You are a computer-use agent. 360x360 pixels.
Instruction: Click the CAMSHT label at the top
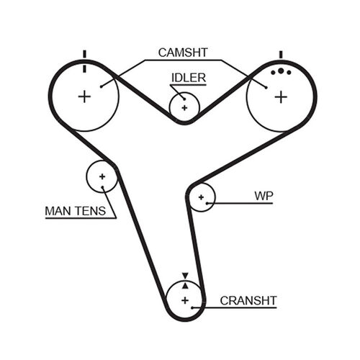184,52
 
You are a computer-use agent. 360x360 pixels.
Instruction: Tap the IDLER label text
188,77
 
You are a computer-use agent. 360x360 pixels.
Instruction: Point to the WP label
264,195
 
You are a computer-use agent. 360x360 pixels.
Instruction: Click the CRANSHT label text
249,300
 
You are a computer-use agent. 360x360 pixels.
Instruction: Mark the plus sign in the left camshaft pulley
84,96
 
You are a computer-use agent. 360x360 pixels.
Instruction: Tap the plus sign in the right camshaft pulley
280,96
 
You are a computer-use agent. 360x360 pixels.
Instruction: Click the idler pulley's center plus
184,107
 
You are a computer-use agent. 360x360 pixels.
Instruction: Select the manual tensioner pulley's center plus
102,176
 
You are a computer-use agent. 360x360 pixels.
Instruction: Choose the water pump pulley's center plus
202,196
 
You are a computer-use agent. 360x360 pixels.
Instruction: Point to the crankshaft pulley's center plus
184,300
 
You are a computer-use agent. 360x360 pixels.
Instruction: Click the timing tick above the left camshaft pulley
84,55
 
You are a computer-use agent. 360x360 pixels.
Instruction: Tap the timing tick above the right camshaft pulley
280,55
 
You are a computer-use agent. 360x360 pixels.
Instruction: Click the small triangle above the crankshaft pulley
184,276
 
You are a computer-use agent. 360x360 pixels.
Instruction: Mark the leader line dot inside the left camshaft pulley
102,86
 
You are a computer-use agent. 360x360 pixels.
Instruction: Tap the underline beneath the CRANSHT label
245,308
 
